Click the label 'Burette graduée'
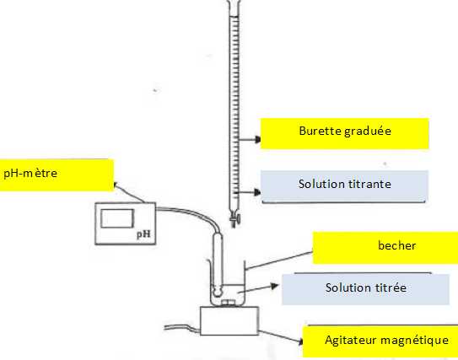(x=345, y=131)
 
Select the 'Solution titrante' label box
(x=344, y=186)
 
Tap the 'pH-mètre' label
(x=30, y=174)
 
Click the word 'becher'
(x=396, y=245)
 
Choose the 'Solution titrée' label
(x=366, y=287)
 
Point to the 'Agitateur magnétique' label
(x=387, y=341)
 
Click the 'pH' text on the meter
(x=143, y=234)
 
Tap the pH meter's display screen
(x=117, y=218)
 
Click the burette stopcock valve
(x=234, y=218)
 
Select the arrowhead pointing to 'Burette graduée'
(x=257, y=139)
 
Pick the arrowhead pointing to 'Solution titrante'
(x=257, y=192)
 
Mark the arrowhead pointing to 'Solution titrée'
(x=275, y=286)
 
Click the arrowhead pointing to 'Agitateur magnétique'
(x=300, y=341)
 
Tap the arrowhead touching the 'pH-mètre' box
(x=115, y=185)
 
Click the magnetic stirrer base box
(x=229, y=320)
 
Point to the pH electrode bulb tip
(x=218, y=291)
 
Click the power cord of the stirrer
(x=182, y=328)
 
